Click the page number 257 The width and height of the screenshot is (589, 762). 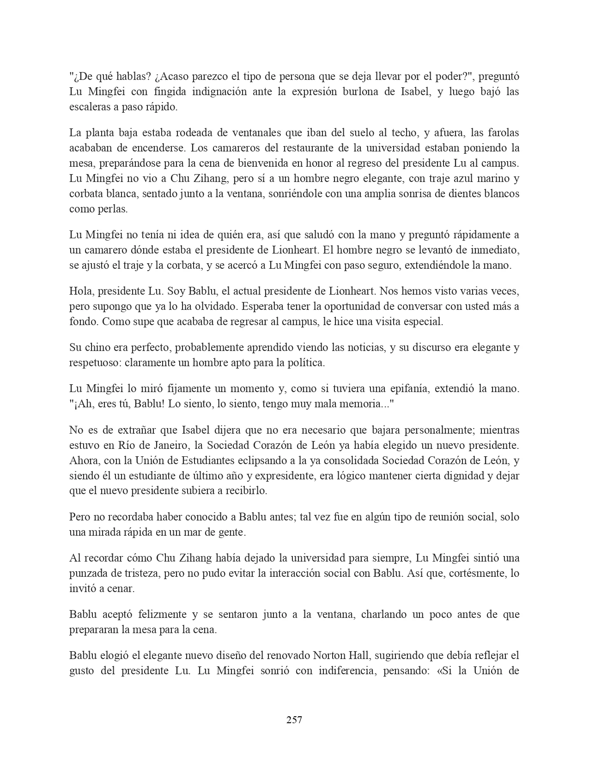tap(294, 720)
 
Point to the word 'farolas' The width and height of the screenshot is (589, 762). tap(501, 133)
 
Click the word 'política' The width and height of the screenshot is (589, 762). tap(306, 363)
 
